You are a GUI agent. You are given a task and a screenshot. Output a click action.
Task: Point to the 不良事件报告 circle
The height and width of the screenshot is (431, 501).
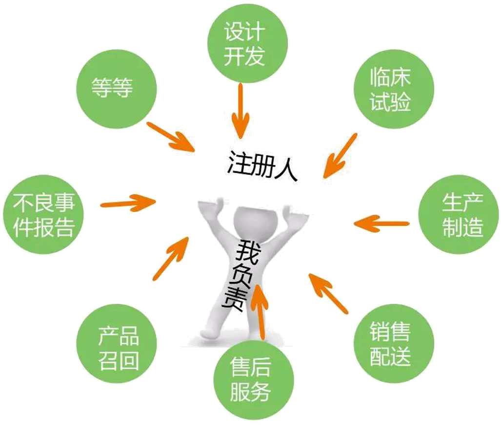point(43,215)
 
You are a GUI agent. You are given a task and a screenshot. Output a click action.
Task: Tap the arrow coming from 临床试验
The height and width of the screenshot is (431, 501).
point(340,156)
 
